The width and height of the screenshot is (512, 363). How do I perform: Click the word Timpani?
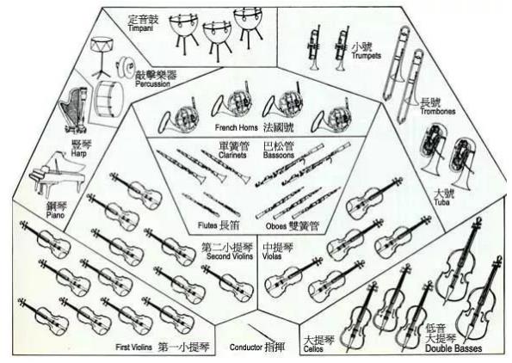pos(140,28)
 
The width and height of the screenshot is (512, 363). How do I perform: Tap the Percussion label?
pos(153,84)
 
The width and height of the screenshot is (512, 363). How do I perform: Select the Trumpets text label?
pos(366,56)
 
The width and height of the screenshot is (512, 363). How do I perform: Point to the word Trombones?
pos(437,111)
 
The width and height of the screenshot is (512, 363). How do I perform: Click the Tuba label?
pos(441,202)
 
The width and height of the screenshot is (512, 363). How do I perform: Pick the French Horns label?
pos(236,127)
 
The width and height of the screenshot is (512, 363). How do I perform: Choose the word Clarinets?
pos(232,155)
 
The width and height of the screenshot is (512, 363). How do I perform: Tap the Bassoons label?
pos(279,155)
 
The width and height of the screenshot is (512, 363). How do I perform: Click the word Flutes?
pos(207,225)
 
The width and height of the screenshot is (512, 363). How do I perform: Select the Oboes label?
pos(276,226)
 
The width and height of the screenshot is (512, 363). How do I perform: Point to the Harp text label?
pos(78,153)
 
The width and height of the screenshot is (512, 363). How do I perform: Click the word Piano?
pos(55,215)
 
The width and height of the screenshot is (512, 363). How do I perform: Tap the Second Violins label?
pos(230,256)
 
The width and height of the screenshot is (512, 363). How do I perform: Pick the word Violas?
pos(272,256)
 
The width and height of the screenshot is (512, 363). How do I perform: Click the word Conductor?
pos(246,347)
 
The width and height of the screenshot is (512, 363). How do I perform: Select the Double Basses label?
pos(453,348)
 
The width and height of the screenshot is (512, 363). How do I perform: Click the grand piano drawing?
pos(58,174)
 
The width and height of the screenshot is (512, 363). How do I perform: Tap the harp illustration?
pos(74,110)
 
